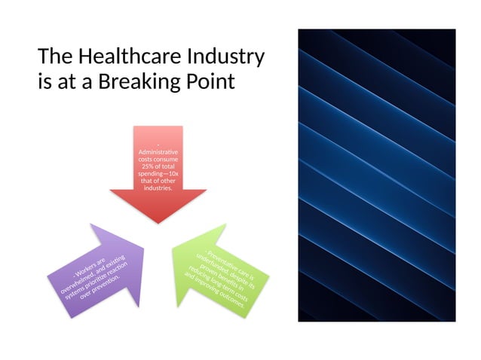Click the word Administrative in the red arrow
158,154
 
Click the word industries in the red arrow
158,188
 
